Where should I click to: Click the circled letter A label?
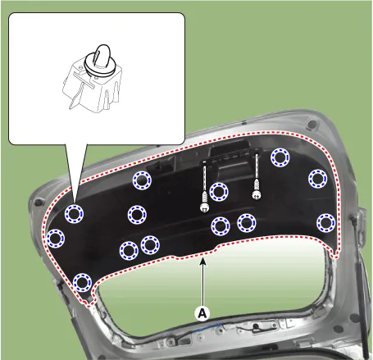pos(202,312)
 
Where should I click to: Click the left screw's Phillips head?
pos(203,207)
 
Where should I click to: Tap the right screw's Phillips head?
pos(256,195)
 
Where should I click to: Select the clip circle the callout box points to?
pos(74,213)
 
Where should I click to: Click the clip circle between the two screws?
pos(219,192)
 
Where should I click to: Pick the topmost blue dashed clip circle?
pos(280,157)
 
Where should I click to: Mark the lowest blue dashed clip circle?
pos(82,282)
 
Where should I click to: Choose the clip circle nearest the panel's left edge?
pos(56,239)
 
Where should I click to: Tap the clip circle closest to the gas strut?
pos(326,223)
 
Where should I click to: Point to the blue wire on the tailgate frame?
pos(208,327)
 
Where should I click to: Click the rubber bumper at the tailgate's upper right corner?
pos(312,125)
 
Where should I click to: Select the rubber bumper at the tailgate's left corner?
pos(39,203)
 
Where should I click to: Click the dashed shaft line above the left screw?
pos(204,178)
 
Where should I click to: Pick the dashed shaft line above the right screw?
pos(257,167)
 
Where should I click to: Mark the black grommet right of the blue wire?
pos(256,326)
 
